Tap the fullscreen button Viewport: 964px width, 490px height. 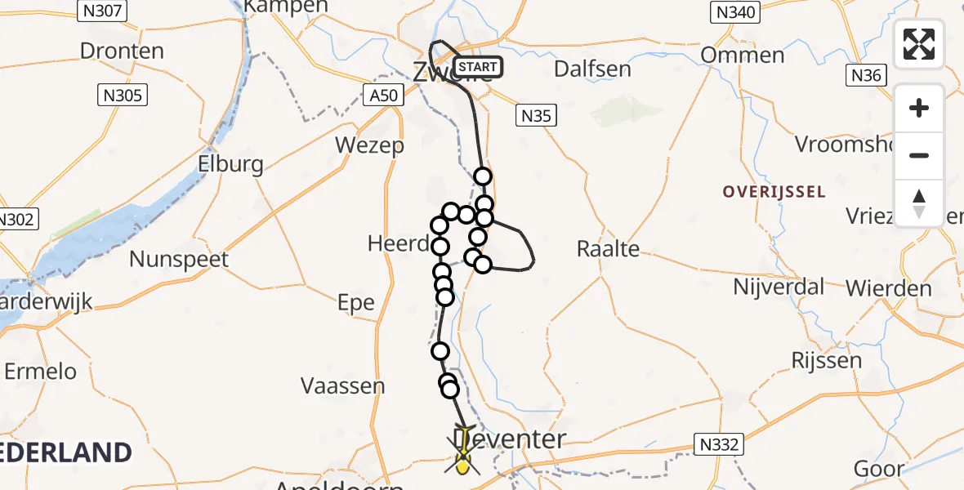pyautogui.click(x=919, y=44)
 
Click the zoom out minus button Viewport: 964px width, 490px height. pyautogui.click(x=919, y=156)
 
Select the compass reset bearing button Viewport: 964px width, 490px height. pyautogui.click(x=919, y=203)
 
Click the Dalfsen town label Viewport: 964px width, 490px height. pyautogui.click(x=592, y=69)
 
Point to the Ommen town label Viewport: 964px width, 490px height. pyautogui.click(x=743, y=56)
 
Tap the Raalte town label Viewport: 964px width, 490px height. pyautogui.click(x=608, y=248)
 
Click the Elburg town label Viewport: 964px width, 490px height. pyautogui.click(x=230, y=164)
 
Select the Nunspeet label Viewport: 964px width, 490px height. pyautogui.click(x=180, y=260)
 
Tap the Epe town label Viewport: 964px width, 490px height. pyautogui.click(x=356, y=303)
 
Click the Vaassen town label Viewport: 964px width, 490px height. pyautogui.click(x=342, y=385)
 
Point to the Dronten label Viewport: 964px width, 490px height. pyautogui.click(x=122, y=51)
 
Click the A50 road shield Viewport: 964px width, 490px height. pyautogui.click(x=383, y=96)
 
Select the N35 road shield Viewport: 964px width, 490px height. pyautogui.click(x=537, y=116)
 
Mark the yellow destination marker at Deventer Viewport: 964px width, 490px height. pyautogui.click(x=463, y=465)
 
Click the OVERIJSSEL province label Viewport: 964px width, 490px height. pyautogui.click(x=774, y=193)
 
